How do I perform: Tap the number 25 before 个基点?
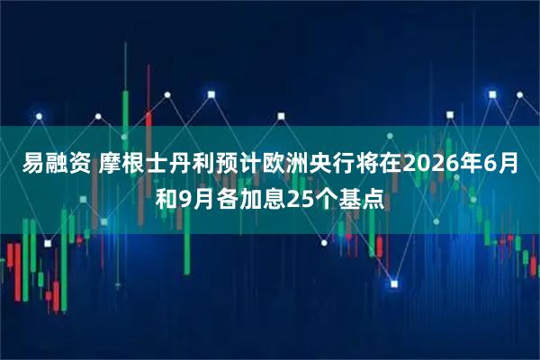[x=301, y=197]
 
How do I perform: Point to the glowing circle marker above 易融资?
[x=39, y=115]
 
